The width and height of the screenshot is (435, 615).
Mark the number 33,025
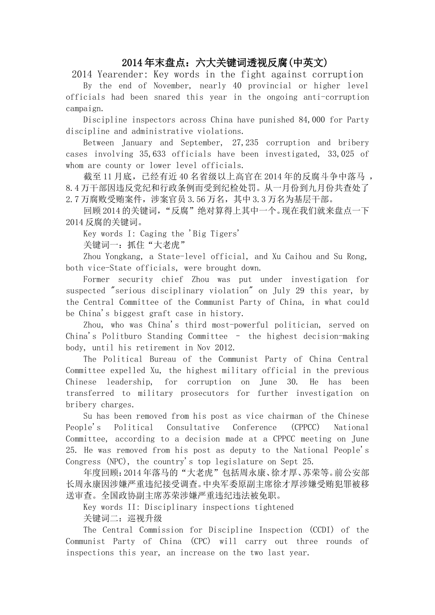pyautogui.click(x=341, y=154)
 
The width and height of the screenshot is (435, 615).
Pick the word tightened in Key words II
pyautogui.click(x=271, y=507)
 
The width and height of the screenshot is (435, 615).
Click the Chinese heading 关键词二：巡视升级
pyautogui.click(x=123, y=518)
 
